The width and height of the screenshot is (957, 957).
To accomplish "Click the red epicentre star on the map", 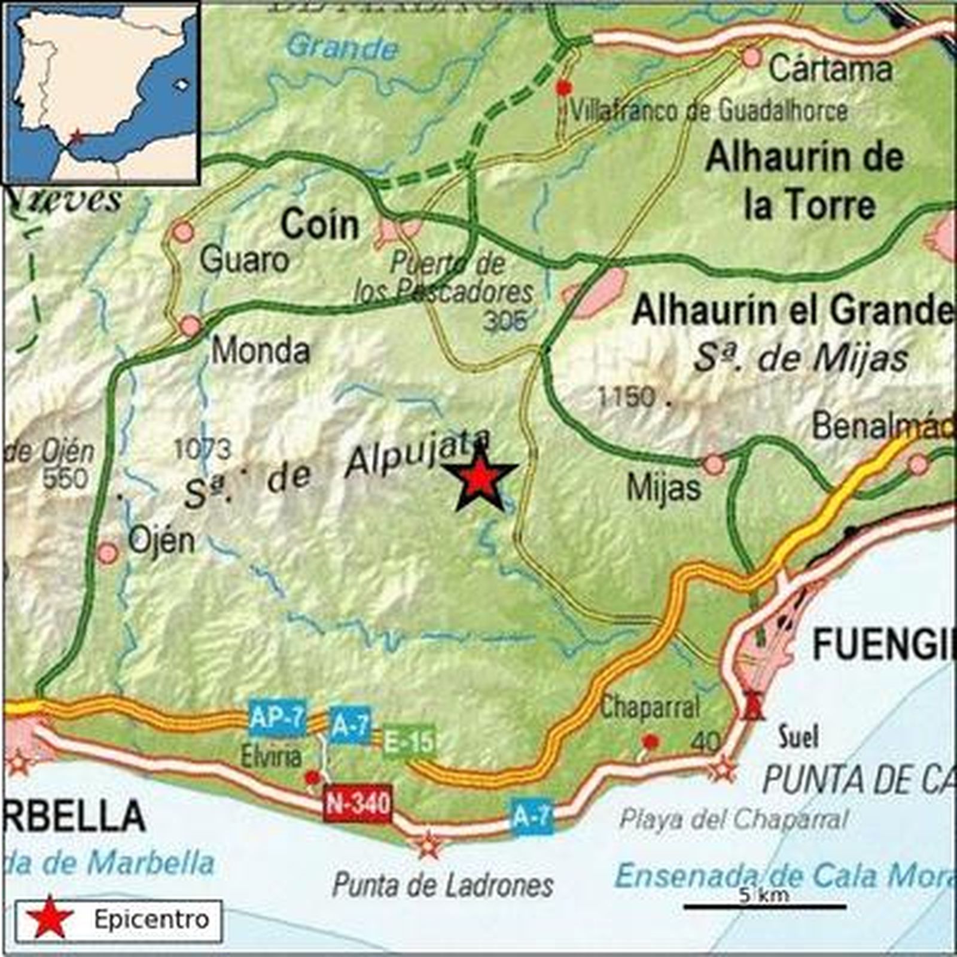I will coord(480,479).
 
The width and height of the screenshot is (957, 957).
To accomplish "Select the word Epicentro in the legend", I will coord(151,919).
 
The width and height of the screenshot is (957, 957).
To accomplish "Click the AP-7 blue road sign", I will coord(278,718).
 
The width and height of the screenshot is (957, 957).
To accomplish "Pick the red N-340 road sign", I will coord(357,803).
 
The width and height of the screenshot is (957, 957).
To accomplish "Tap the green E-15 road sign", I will coord(409,742).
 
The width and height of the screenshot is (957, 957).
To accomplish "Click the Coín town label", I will coord(321,225).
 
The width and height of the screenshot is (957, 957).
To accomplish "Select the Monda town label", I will coord(261,351).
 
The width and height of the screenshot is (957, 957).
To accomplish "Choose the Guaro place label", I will coord(244,260).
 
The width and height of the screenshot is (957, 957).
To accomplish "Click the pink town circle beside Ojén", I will coord(108,553).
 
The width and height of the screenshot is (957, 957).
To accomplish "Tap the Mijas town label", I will coord(663,488).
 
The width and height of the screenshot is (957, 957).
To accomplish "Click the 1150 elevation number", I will coord(626,397).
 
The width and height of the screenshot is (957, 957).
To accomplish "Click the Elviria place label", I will coord(271,757).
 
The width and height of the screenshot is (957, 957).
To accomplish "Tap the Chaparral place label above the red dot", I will coord(650,708).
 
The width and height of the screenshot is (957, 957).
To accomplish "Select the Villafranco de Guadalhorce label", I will coord(709,111).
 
